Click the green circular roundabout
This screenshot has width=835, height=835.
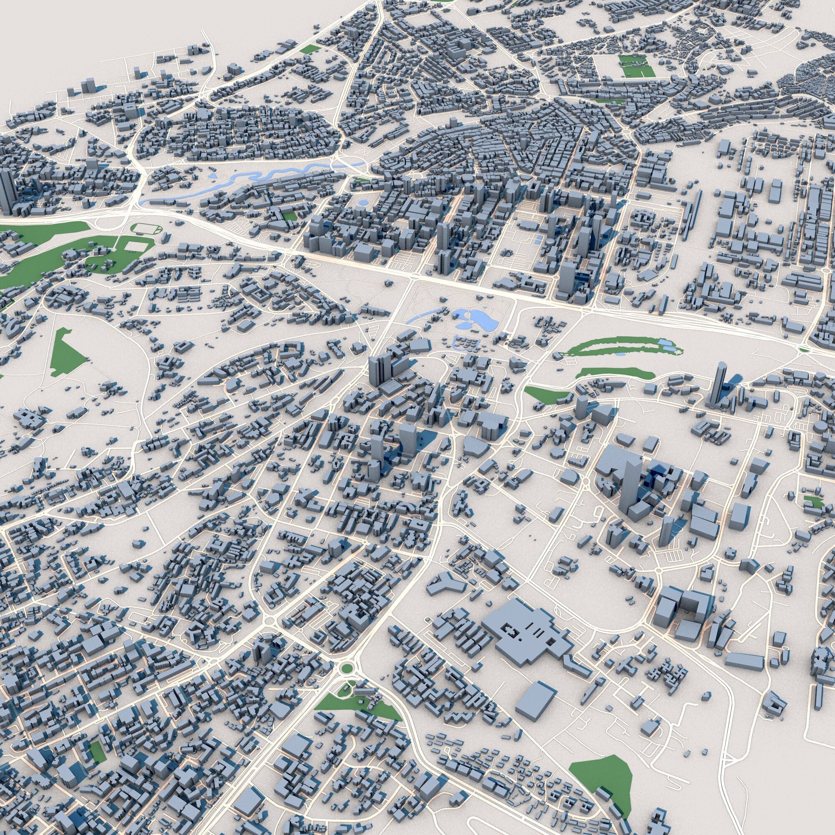click(346, 668)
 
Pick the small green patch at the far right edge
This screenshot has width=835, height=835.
click(814, 501)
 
